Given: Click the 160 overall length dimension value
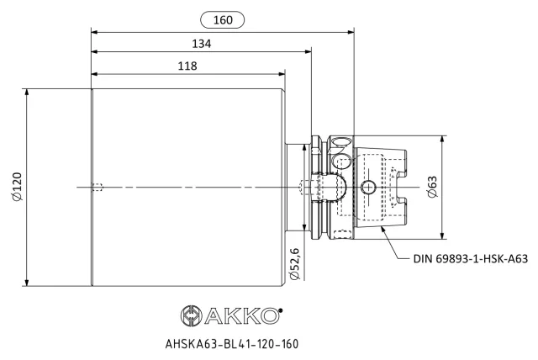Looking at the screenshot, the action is (x=223, y=20).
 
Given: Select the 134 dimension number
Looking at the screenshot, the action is (x=202, y=44).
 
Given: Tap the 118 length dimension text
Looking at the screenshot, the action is (x=187, y=66).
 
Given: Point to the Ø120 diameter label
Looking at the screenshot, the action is (x=17, y=187).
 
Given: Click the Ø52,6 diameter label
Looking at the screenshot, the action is (x=295, y=263).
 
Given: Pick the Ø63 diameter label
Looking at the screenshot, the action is (x=433, y=187).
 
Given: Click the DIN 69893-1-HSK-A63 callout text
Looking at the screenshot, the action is (x=471, y=258).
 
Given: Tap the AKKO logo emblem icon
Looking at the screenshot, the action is (x=192, y=315).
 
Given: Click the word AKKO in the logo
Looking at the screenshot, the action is (x=241, y=315).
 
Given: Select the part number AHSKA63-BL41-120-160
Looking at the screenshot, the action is (x=232, y=343).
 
